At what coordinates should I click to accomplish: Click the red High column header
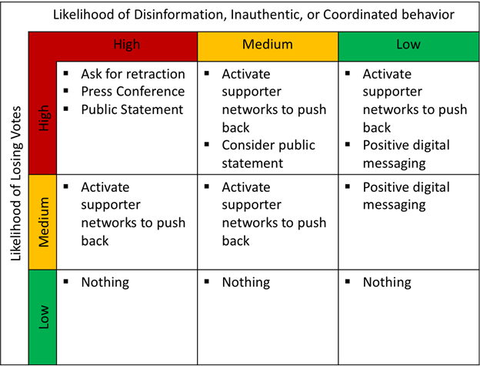coord(127,45)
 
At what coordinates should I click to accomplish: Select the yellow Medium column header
coord(268,45)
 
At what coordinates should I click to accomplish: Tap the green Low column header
coord(408,45)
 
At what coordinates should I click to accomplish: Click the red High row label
coord(44,118)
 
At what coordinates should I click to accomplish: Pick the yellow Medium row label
coord(44,222)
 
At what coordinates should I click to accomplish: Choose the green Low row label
coord(44,317)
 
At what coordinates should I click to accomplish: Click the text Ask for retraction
coord(133,74)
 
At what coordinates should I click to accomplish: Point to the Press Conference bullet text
coord(133,92)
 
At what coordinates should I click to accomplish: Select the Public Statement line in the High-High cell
coord(132,109)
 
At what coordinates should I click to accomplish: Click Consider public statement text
coord(268,154)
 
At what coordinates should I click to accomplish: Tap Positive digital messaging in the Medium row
coord(406,196)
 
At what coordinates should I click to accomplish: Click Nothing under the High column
coord(105,282)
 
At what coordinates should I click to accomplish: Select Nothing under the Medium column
coord(246,282)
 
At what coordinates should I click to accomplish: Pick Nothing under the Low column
coord(387,282)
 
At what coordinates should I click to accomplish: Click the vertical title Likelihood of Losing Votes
coord(15,183)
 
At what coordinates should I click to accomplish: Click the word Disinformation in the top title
coord(179,15)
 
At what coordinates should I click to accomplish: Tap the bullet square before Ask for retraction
coord(66,73)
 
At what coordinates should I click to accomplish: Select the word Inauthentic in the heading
coord(266,15)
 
